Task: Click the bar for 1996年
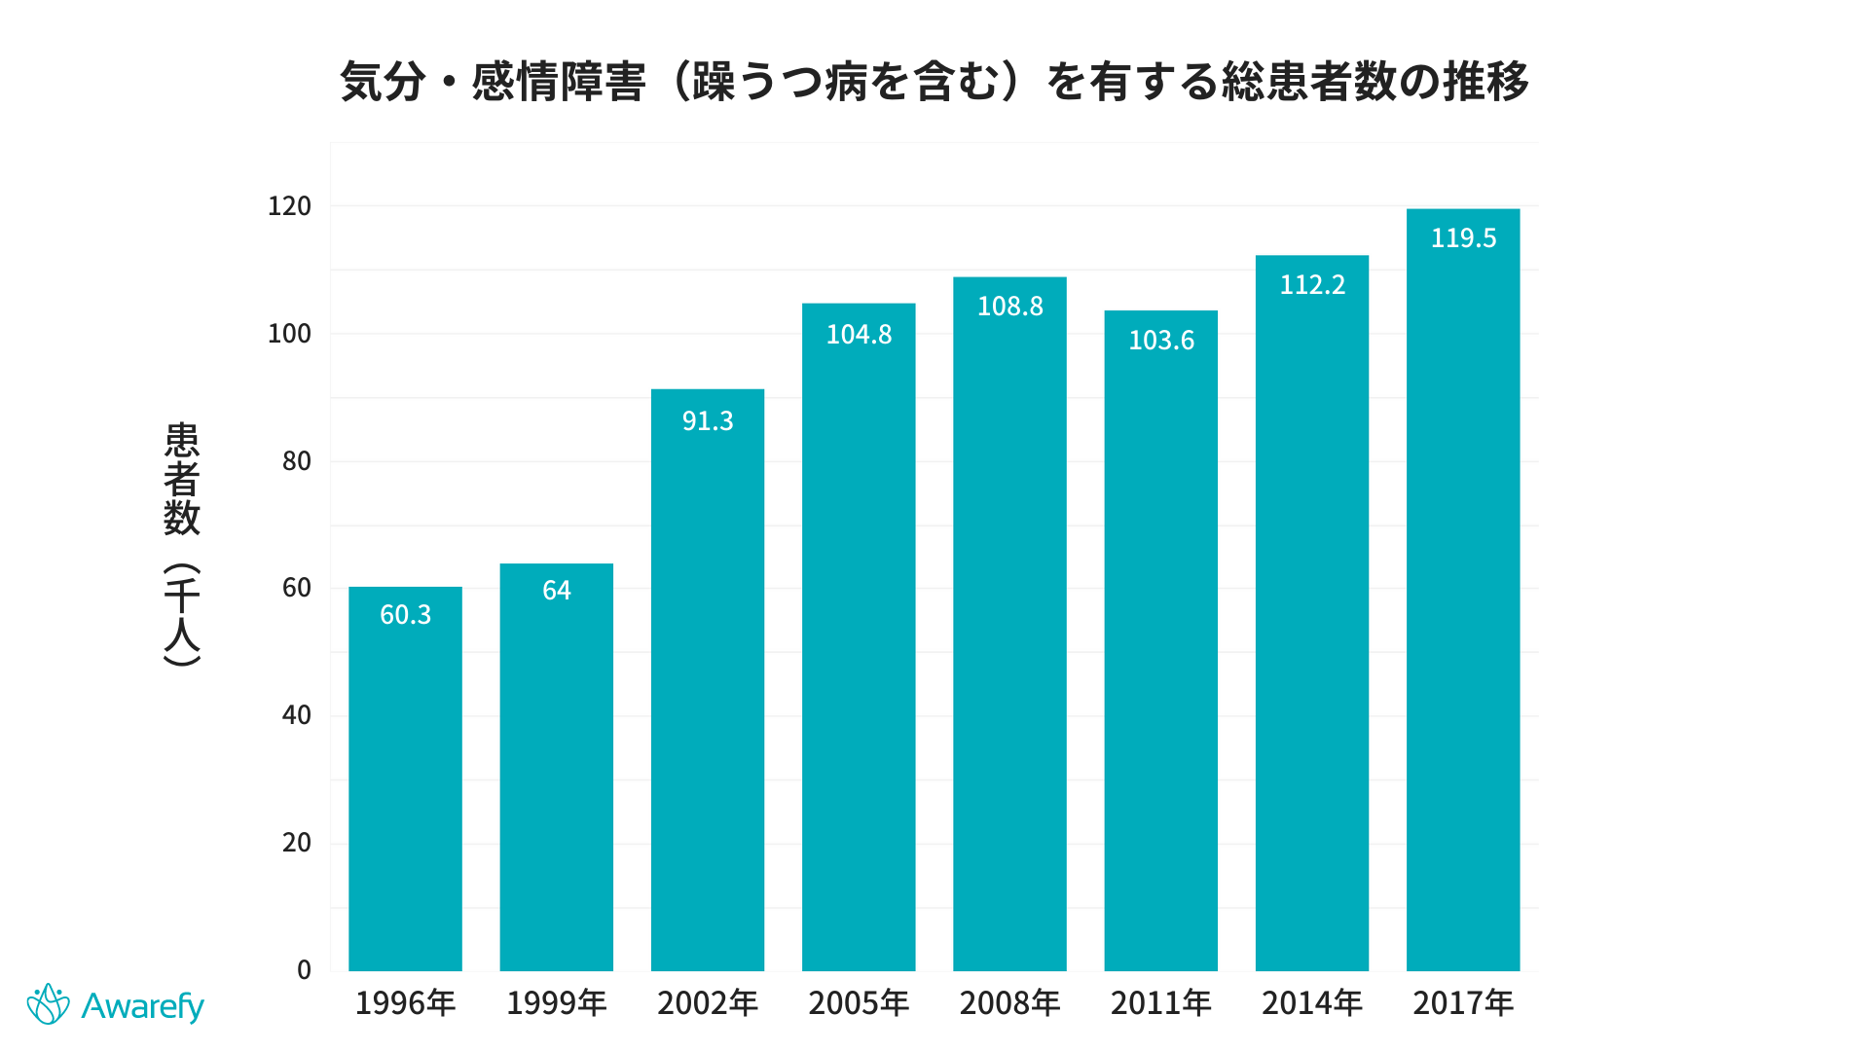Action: pos(405,779)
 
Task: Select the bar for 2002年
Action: pos(708,681)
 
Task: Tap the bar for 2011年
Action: pos(1160,642)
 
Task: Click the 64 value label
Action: pos(557,591)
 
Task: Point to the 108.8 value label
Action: pos(1009,307)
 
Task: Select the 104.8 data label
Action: pos(859,335)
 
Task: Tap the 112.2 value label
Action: pos(1312,285)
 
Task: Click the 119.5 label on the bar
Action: pos(1463,238)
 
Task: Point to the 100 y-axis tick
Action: pos(289,334)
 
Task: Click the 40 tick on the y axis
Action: pos(296,715)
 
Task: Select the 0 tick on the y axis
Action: pos(304,970)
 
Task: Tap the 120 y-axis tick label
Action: pos(289,206)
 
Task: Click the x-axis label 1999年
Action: pos(557,1003)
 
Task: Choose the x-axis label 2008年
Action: pos(1009,1003)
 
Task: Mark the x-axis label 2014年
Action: pos(1312,1003)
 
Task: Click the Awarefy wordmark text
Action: pos(142,1006)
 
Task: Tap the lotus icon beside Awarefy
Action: pos(48,1004)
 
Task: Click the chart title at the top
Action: pos(934,82)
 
